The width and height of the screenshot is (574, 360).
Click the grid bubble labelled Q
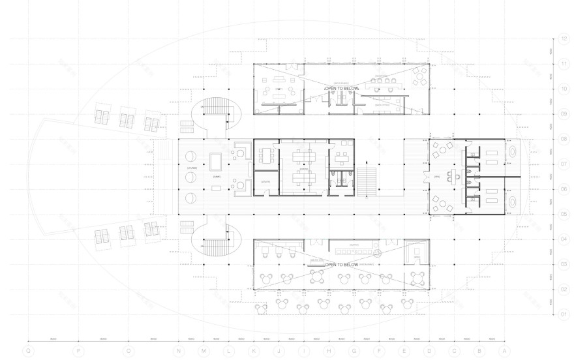coord(28,350)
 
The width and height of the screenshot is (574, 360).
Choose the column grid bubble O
coord(128,350)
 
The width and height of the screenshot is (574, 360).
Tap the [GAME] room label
coord(217,177)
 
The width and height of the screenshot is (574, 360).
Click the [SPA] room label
coord(436,177)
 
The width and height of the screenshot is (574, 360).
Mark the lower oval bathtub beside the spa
coord(512,202)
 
